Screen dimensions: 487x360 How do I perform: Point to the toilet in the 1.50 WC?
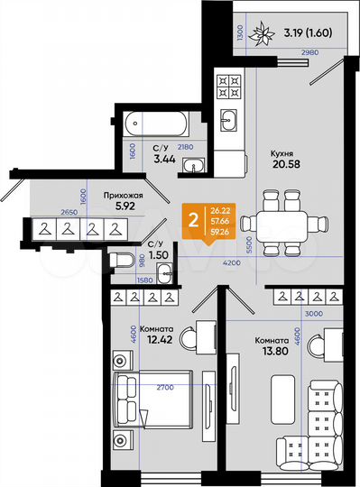click(x=124, y=262)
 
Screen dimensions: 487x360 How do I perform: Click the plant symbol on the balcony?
click(x=265, y=34)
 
